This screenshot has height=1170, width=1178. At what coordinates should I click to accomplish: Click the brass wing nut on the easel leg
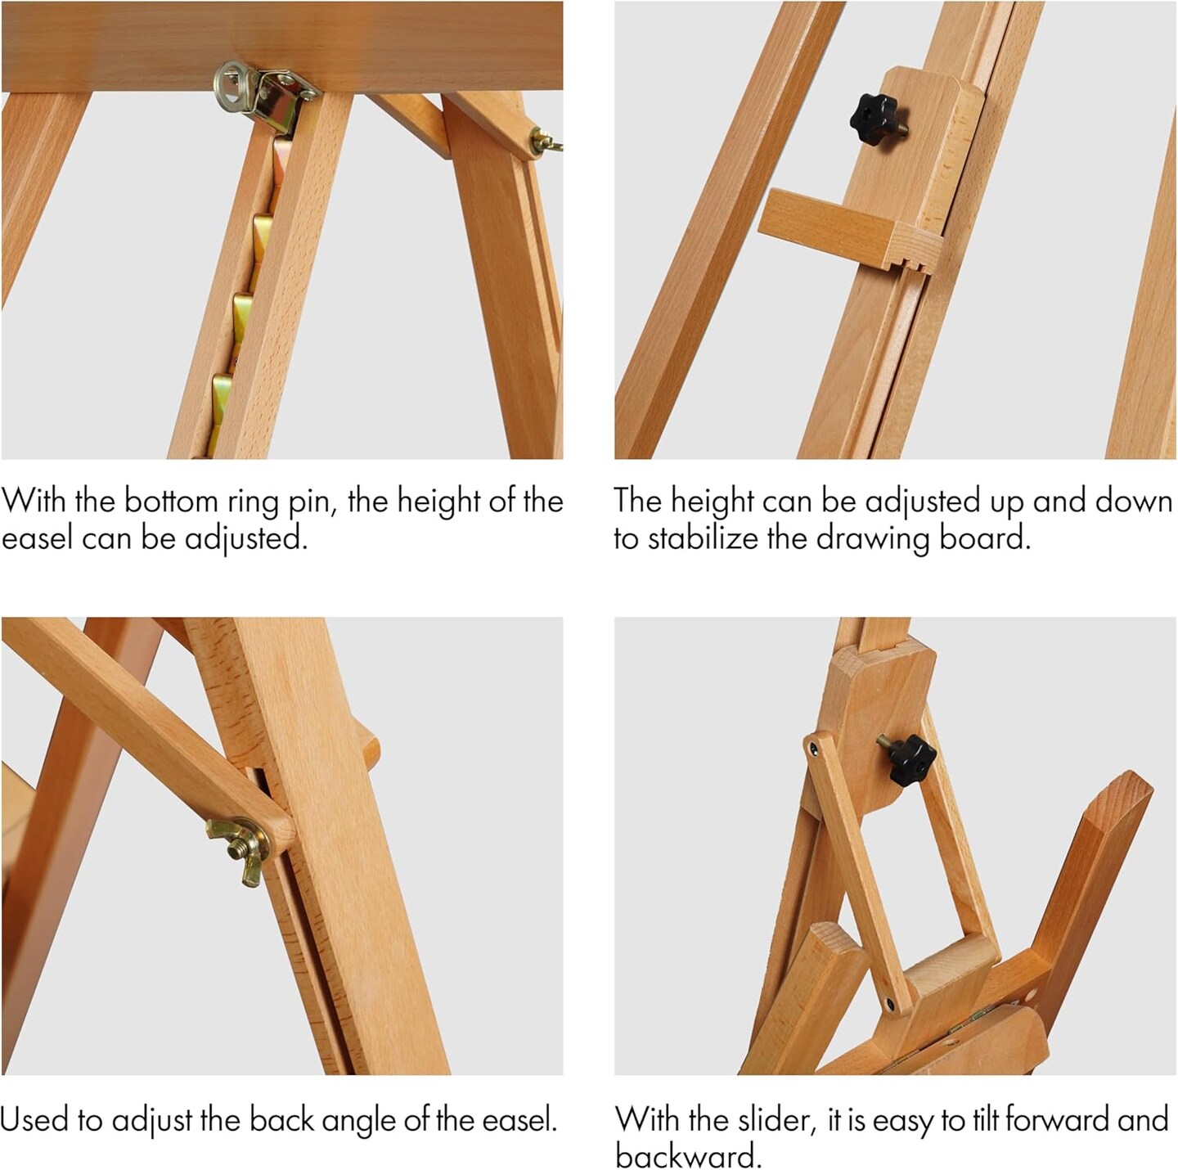(x=241, y=851)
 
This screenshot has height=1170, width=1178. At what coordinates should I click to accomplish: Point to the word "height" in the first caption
(x=438, y=501)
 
